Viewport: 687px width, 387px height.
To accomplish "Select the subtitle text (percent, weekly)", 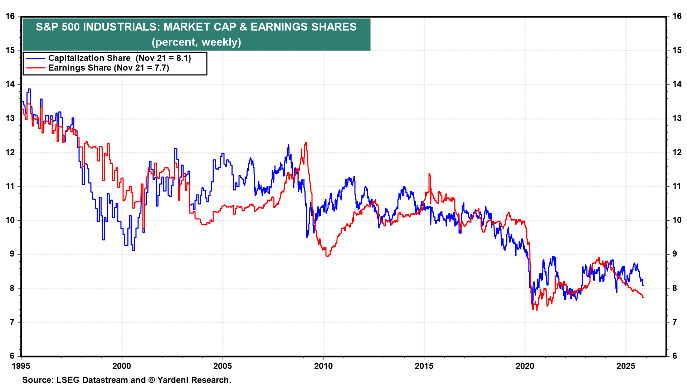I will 196,42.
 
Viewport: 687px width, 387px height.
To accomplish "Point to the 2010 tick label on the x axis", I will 323,366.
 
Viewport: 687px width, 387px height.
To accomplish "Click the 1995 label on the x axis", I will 21,366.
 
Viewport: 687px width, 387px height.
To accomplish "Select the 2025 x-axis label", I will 625,366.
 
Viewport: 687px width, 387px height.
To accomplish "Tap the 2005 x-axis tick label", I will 222,366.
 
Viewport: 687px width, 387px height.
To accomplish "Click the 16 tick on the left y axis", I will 10,16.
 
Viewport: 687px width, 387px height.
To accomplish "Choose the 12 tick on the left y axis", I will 10,152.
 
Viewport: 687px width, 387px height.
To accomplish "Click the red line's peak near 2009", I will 306,143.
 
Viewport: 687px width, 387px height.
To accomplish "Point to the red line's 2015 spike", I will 429,174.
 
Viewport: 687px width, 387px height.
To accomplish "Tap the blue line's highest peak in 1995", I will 29,89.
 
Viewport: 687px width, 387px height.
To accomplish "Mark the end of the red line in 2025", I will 643,297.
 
